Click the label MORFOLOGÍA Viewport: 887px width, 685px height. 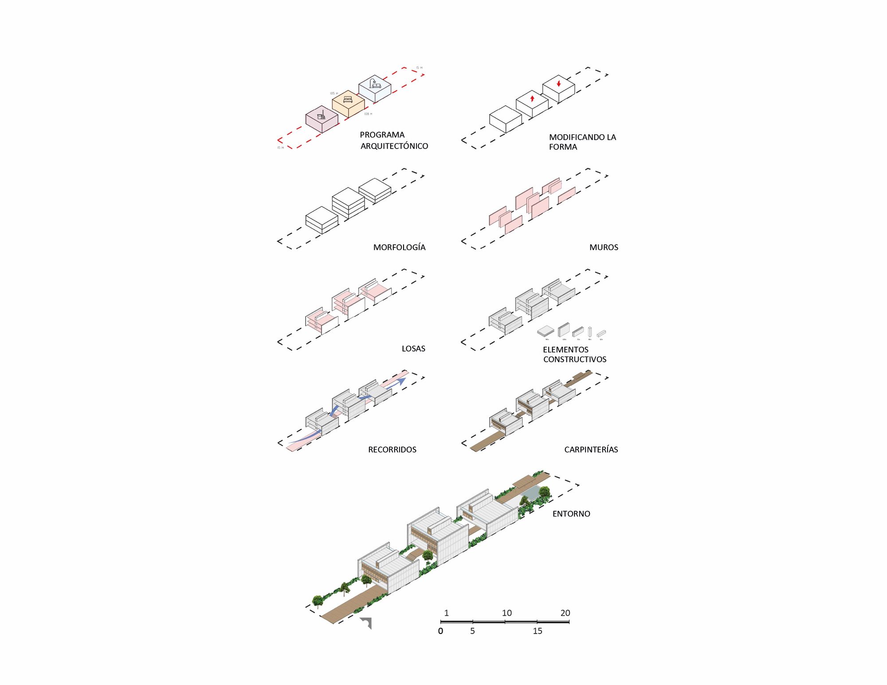coord(399,247)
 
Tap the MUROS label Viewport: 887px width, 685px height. coord(604,247)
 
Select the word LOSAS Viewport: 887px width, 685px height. coord(413,348)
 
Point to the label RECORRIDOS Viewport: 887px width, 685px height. coord(392,450)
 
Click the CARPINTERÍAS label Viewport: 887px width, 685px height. coord(591,450)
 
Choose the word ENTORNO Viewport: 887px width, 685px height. coord(571,514)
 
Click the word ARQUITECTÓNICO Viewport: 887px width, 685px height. coord(394,146)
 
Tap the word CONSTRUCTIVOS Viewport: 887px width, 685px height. coord(575,359)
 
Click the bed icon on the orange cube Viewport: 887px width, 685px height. coord(348,99)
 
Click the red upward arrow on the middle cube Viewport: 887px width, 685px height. coord(532,98)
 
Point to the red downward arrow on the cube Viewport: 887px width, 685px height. coord(559,83)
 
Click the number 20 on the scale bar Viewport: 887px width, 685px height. coord(565,613)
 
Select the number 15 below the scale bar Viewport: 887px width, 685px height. coord(538,631)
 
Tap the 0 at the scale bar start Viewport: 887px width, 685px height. coord(440,631)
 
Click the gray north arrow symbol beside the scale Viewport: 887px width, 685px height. coord(366,622)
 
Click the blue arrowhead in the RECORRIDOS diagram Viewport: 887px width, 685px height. coord(401,380)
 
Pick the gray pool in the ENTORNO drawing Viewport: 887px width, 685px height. coord(530,492)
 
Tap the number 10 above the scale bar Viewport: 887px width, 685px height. coord(506,613)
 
